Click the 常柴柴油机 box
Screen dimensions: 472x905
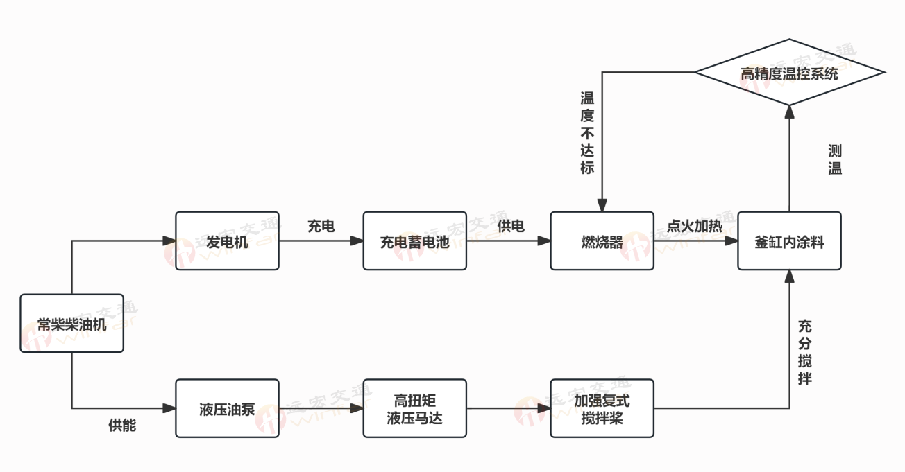pos(71,323)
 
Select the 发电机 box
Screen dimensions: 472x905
pos(227,241)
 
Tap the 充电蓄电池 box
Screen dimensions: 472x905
pos(414,241)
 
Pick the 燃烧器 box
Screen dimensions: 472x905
pos(602,241)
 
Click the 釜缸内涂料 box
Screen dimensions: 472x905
pos(789,241)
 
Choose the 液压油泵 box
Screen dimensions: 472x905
pos(227,408)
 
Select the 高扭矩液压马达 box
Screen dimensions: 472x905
pos(414,408)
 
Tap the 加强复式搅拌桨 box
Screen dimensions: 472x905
pos(602,408)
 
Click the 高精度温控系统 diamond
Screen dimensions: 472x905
pos(789,73)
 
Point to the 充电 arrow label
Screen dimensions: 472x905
pos(321,227)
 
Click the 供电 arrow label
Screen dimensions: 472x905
pos(511,227)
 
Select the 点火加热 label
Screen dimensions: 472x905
pos(695,227)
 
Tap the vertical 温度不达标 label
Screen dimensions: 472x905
pos(588,132)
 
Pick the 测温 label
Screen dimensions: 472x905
pos(835,159)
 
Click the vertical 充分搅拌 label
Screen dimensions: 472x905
pos(805,352)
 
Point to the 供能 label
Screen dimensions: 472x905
pos(122,426)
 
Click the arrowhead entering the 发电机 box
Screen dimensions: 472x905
pos(169,241)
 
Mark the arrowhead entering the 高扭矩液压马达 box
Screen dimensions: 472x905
pos(357,408)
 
